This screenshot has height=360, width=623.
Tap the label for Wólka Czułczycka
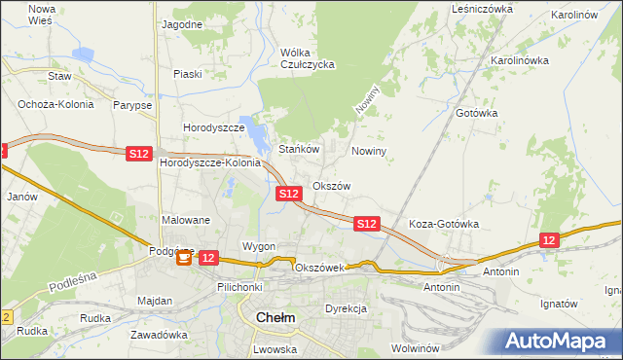pyautogui.click(x=307, y=58)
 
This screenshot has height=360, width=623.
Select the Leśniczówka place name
pyautogui.click(x=482, y=9)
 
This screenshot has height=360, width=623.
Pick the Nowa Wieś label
pyautogui.click(x=42, y=14)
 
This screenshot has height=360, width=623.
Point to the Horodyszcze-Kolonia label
pyautogui.click(x=210, y=162)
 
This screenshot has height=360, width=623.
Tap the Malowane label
pyautogui.click(x=186, y=220)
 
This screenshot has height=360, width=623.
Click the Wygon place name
pyautogui.click(x=259, y=246)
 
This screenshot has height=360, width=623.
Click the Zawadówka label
pyautogui.click(x=163, y=334)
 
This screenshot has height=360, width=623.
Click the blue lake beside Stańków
pyautogui.click(x=255, y=133)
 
